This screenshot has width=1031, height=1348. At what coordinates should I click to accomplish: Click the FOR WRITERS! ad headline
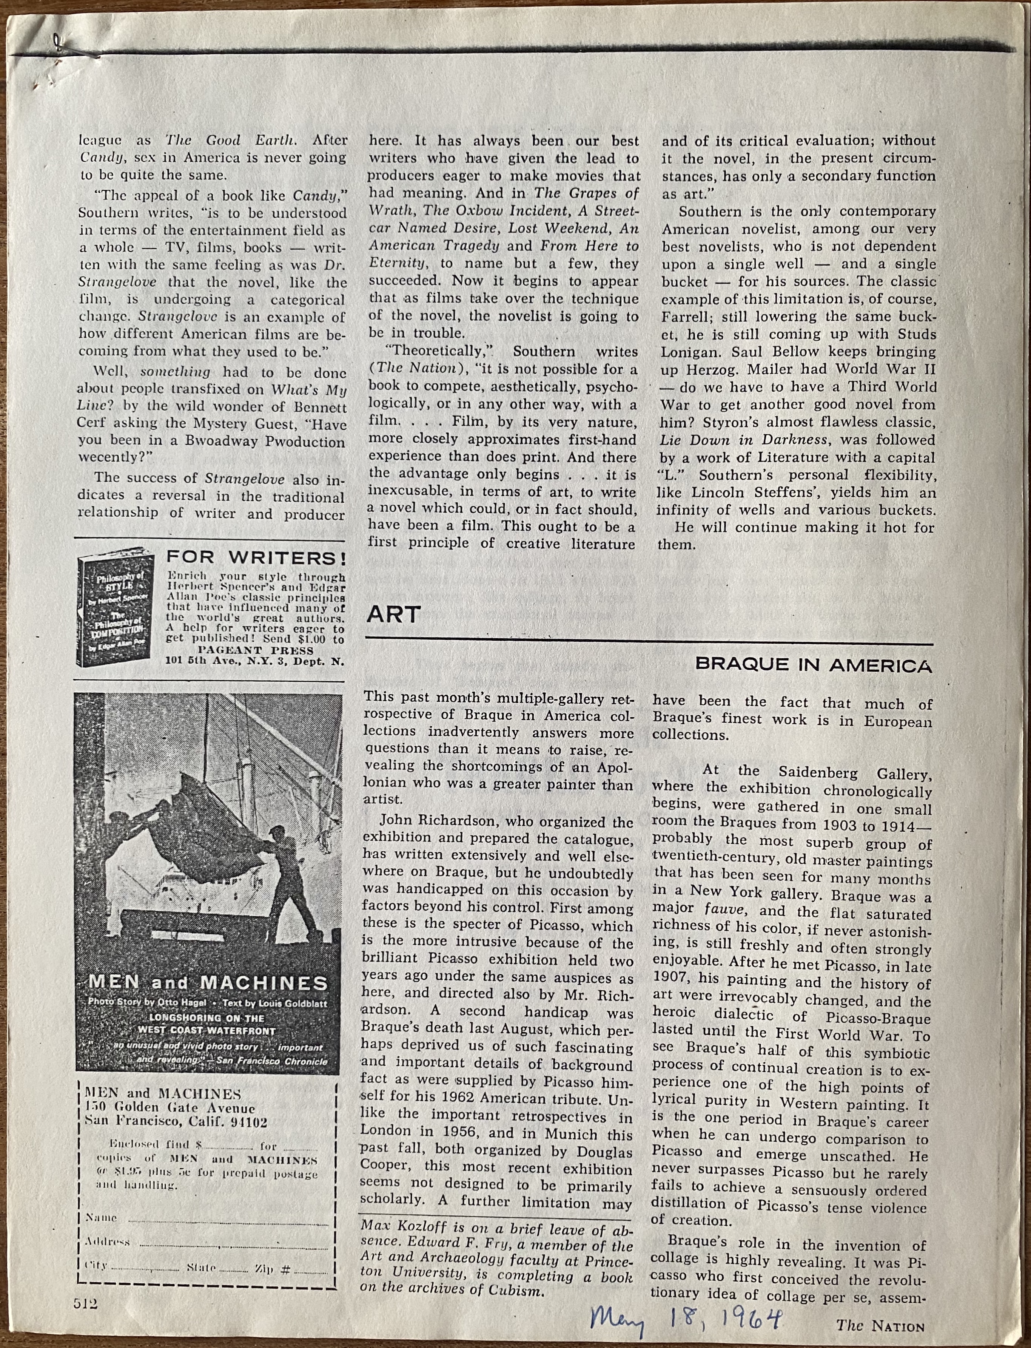(256, 558)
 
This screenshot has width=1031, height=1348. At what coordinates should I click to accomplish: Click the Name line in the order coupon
(202, 1218)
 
